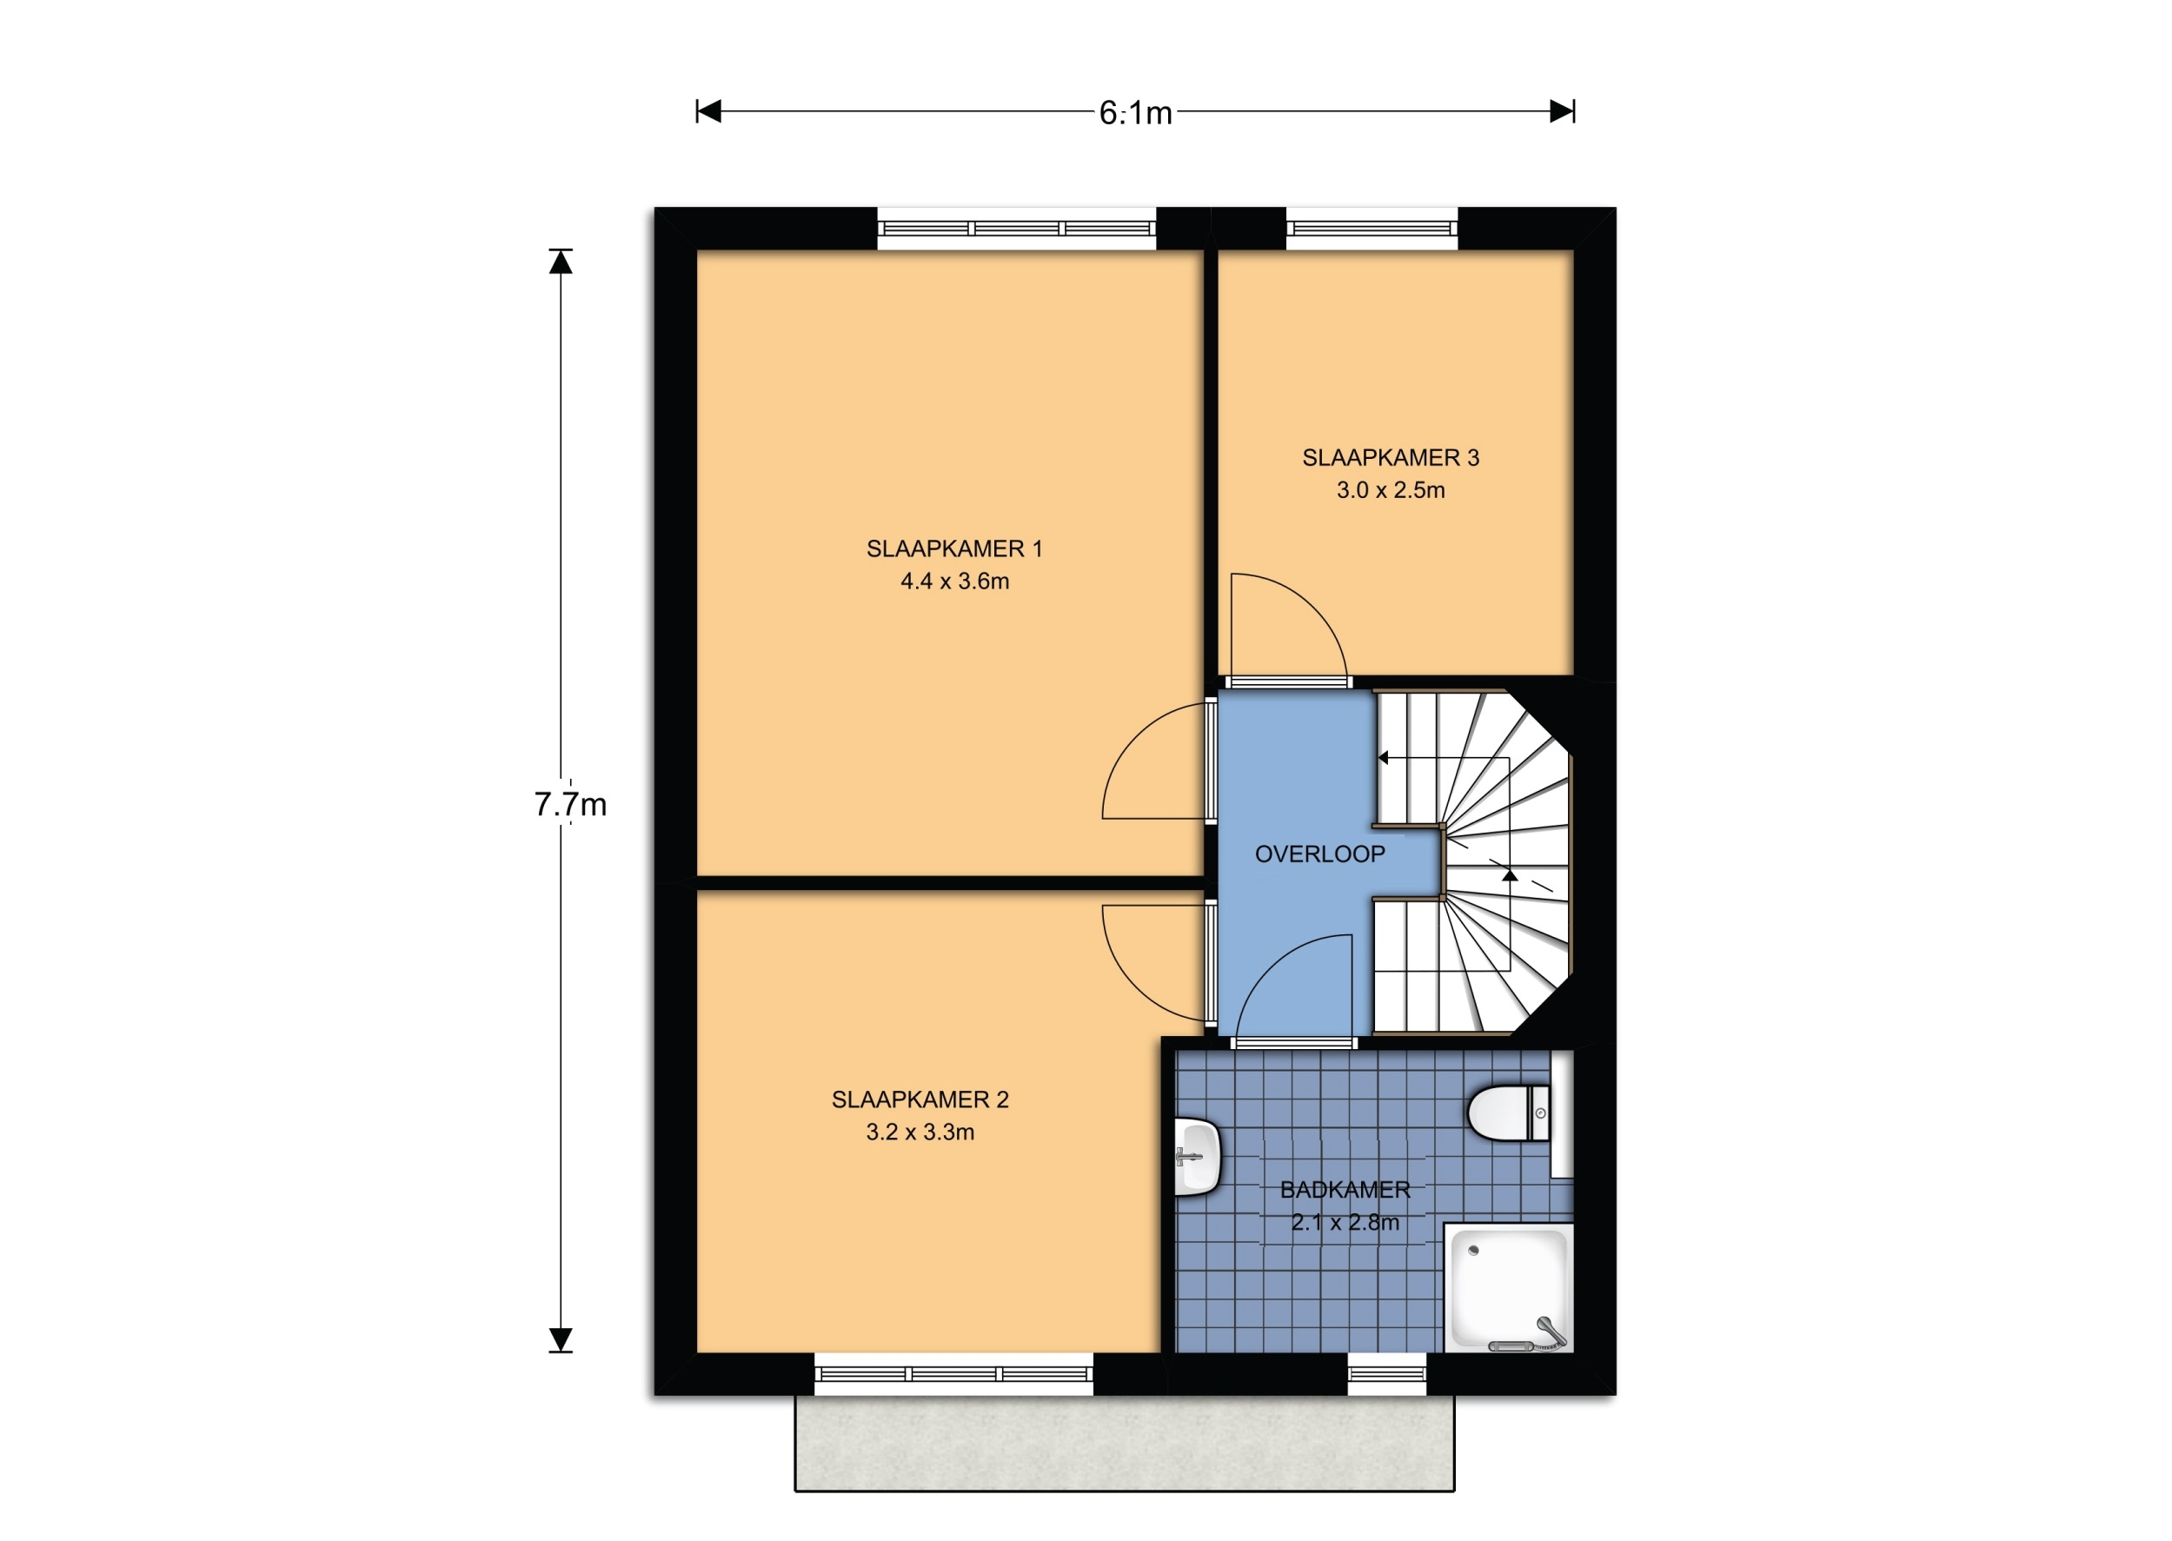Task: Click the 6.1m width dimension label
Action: (x=1135, y=114)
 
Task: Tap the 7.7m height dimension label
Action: (x=570, y=805)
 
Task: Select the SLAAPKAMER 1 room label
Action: (x=953, y=548)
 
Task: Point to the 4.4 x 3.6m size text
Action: (x=954, y=581)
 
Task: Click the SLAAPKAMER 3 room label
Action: (x=1390, y=457)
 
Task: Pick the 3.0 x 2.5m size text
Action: (x=1390, y=489)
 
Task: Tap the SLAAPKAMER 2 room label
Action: (x=920, y=1099)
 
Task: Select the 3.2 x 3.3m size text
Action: (x=920, y=1131)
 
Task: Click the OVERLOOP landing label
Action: (x=1320, y=854)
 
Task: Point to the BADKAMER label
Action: (x=1345, y=1190)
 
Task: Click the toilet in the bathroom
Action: (x=1509, y=1113)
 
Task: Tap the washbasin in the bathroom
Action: (x=1197, y=1156)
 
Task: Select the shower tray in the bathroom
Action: (x=1508, y=1288)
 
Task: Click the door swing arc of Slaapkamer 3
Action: (x=1314, y=608)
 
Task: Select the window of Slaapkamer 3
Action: (x=1372, y=229)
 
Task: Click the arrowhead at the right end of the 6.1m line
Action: (x=1562, y=112)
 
